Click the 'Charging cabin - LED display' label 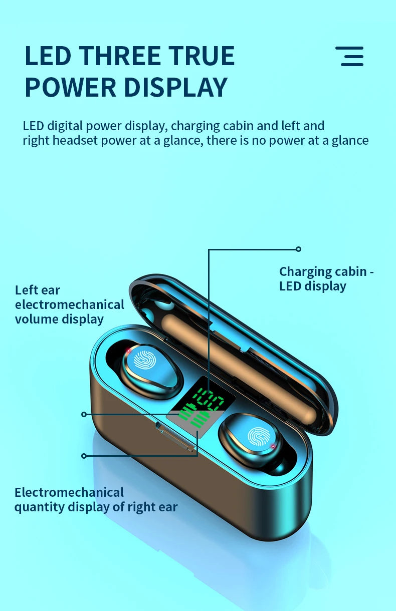326,279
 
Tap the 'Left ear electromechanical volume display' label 70,305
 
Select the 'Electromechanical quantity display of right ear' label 96,500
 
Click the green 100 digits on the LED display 209,399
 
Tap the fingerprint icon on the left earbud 144,360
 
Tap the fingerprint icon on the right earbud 258,437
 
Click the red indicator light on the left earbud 128,351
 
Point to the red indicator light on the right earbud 273,446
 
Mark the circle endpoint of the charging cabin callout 298,249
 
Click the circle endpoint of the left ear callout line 84,415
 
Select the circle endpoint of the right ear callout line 84,456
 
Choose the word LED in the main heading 48,56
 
